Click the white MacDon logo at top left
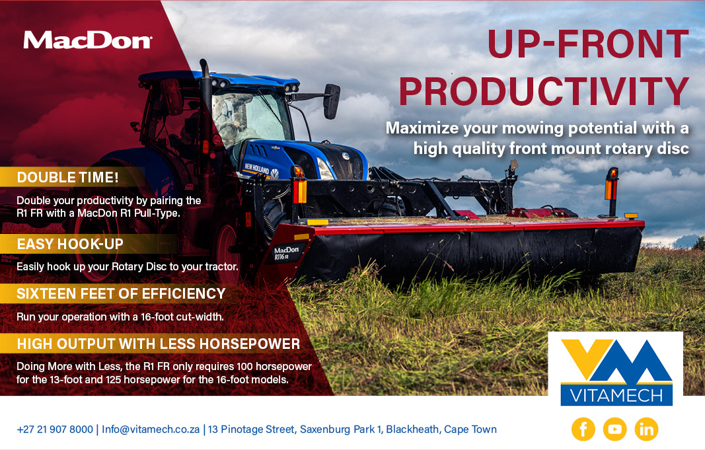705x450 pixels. coord(88,40)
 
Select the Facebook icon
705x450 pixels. coord(583,430)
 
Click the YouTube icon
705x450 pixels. coord(614,430)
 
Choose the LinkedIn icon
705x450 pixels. coord(646,430)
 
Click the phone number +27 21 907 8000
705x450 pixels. coord(55,430)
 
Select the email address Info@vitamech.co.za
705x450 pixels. coord(151,430)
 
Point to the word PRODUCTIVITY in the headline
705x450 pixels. coord(544,92)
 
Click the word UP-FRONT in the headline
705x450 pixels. coord(587,44)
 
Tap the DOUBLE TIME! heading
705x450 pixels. coord(68,178)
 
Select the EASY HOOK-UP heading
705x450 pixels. coord(70,244)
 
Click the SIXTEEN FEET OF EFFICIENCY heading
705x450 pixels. coord(121,294)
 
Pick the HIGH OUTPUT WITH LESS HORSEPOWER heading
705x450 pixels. coord(159,344)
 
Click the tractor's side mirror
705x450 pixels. coord(332,101)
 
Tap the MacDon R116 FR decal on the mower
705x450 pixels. coord(286,253)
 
